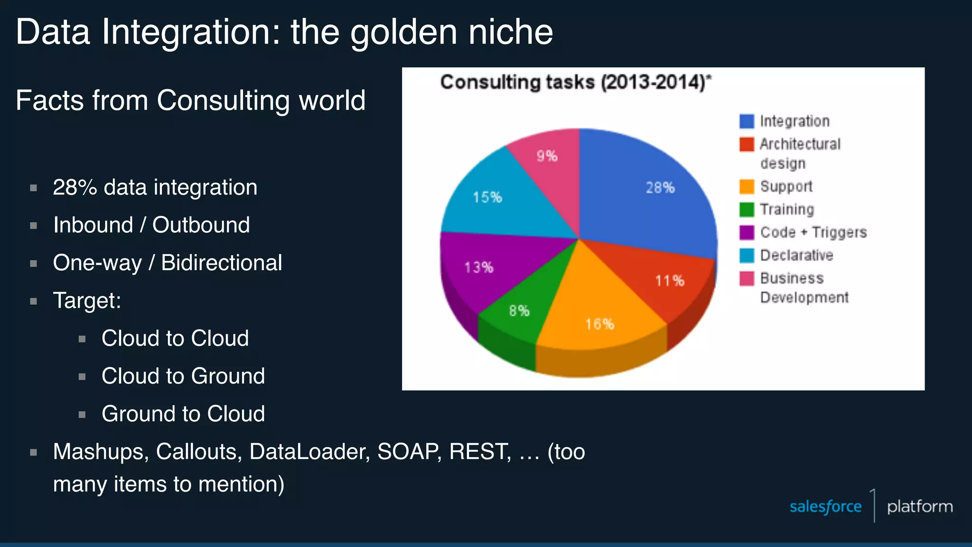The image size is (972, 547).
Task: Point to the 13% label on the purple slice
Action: (x=479, y=267)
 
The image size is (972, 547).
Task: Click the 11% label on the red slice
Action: (x=670, y=281)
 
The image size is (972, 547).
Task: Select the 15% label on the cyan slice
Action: (x=487, y=197)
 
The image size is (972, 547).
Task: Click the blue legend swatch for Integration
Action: (x=747, y=122)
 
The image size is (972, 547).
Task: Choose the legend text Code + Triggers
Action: (x=813, y=232)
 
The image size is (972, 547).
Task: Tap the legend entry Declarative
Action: (x=796, y=255)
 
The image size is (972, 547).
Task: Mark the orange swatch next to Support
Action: (x=747, y=187)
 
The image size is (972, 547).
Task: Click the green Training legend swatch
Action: (x=747, y=209)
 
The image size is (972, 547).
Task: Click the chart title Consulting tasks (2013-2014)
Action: (x=575, y=83)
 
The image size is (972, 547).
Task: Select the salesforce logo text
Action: (x=825, y=507)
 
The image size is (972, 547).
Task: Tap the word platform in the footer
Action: (x=920, y=507)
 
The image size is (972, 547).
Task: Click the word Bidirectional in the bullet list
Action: (x=221, y=263)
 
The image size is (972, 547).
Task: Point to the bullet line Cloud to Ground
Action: (x=183, y=376)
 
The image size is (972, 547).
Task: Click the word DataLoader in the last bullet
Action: (x=309, y=452)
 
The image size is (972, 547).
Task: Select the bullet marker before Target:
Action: (x=34, y=301)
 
